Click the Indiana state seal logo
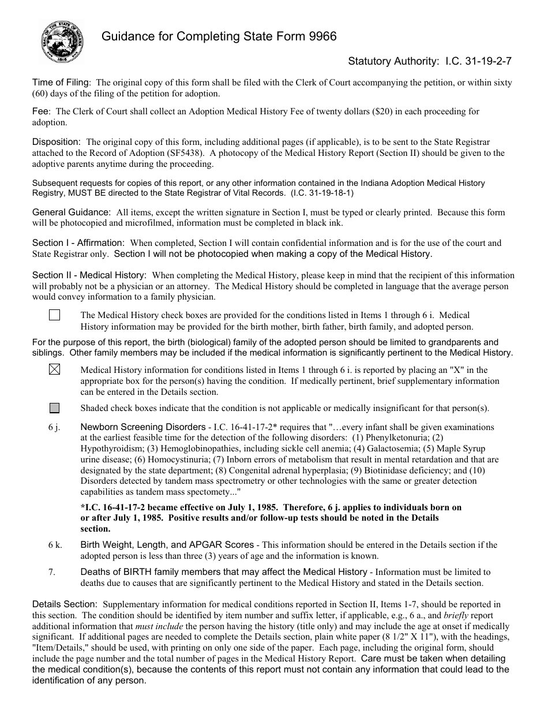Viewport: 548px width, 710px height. pyautogui.click(x=61, y=43)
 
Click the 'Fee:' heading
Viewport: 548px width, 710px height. pyautogui.click(x=42, y=111)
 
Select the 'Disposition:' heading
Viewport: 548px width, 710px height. pyautogui.click(x=57, y=141)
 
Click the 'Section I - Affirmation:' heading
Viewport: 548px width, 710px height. pyautogui.click(x=78, y=243)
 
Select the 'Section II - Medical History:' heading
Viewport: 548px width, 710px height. pyautogui.click(x=89, y=275)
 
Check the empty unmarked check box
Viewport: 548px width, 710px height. pyautogui.click(x=55, y=315)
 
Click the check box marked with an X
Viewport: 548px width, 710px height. pyautogui.click(x=55, y=371)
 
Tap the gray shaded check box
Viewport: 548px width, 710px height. pyautogui.click(x=55, y=408)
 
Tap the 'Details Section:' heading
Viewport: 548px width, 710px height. pyautogui.click(x=65, y=604)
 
